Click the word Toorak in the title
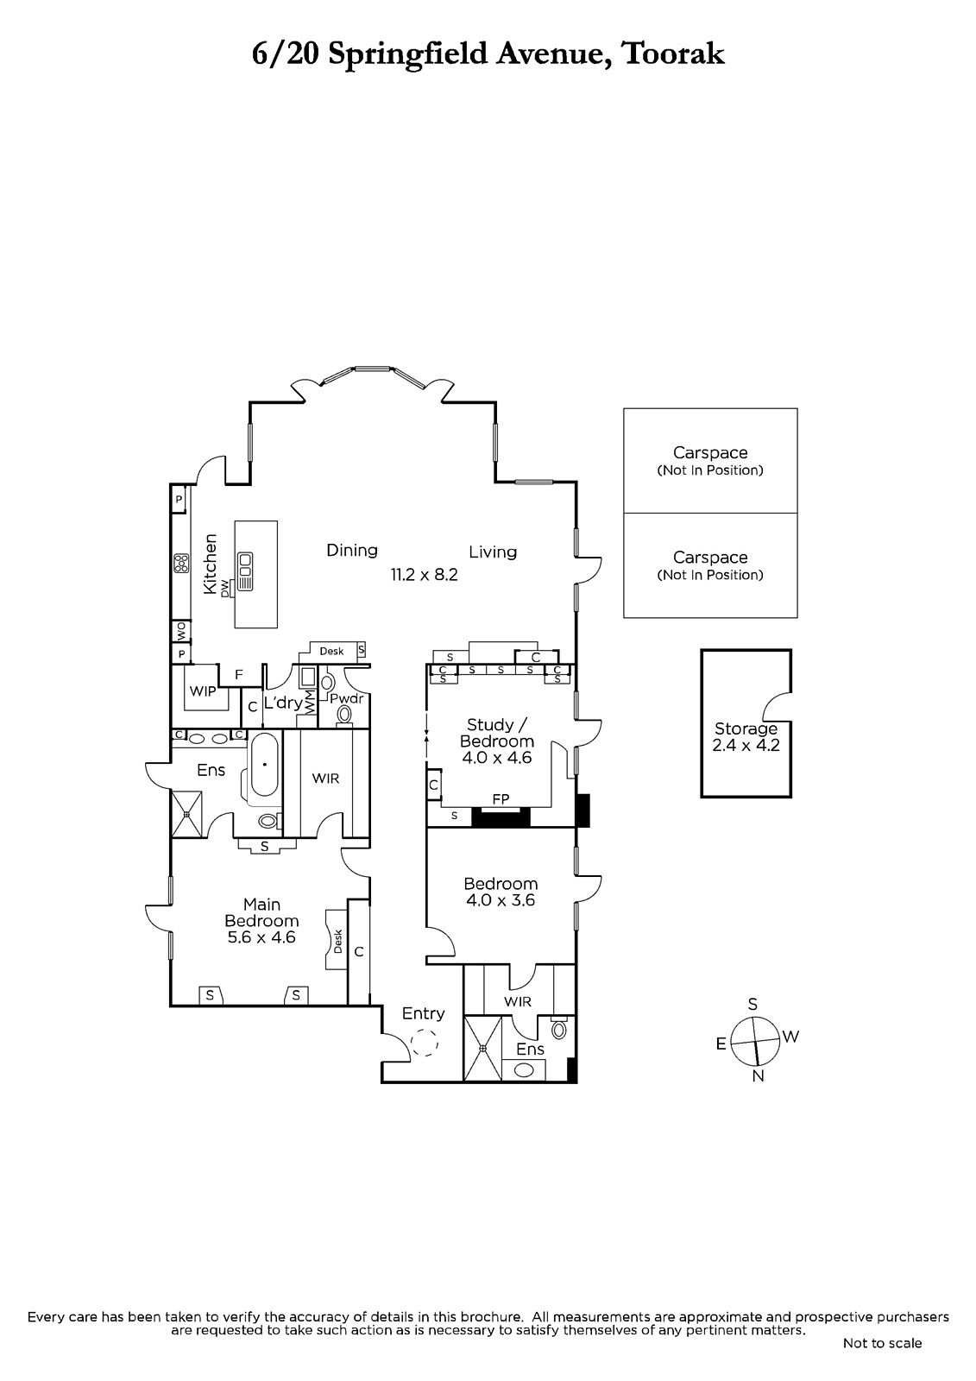pyautogui.click(x=674, y=54)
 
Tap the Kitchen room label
pyautogui.click(x=211, y=564)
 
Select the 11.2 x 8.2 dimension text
pyautogui.click(x=425, y=575)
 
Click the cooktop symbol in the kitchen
pyautogui.click(x=181, y=564)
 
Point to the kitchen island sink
pyautogui.click(x=245, y=571)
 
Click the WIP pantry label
pyautogui.click(x=203, y=691)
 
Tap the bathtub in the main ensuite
pyautogui.click(x=265, y=765)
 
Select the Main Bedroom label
pyautogui.click(x=262, y=912)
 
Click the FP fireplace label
pyautogui.click(x=501, y=799)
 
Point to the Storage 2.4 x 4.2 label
pyautogui.click(x=746, y=737)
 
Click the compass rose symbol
pyautogui.click(x=755, y=1041)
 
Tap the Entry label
pyautogui.click(x=423, y=1013)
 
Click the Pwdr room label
pyautogui.click(x=347, y=698)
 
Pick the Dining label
pyautogui.click(x=352, y=550)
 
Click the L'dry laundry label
pyautogui.click(x=283, y=703)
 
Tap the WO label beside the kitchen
pyautogui.click(x=181, y=631)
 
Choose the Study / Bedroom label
pyautogui.click(x=497, y=741)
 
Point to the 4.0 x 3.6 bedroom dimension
pyautogui.click(x=501, y=901)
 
